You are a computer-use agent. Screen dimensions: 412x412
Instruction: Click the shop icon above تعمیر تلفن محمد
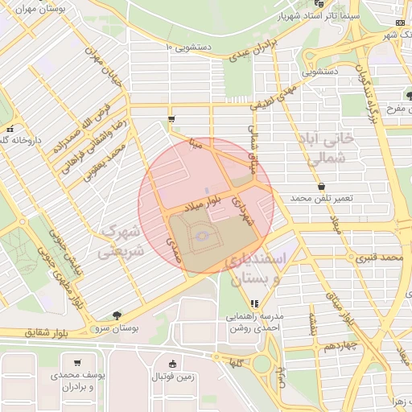click(321, 186)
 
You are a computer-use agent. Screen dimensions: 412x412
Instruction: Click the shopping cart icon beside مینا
click(171, 120)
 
